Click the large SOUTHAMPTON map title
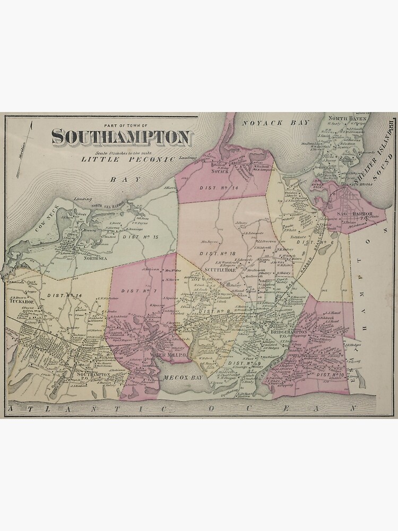[x=121, y=138]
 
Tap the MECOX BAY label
[x=176, y=378]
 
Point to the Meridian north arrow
[x=25, y=149]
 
